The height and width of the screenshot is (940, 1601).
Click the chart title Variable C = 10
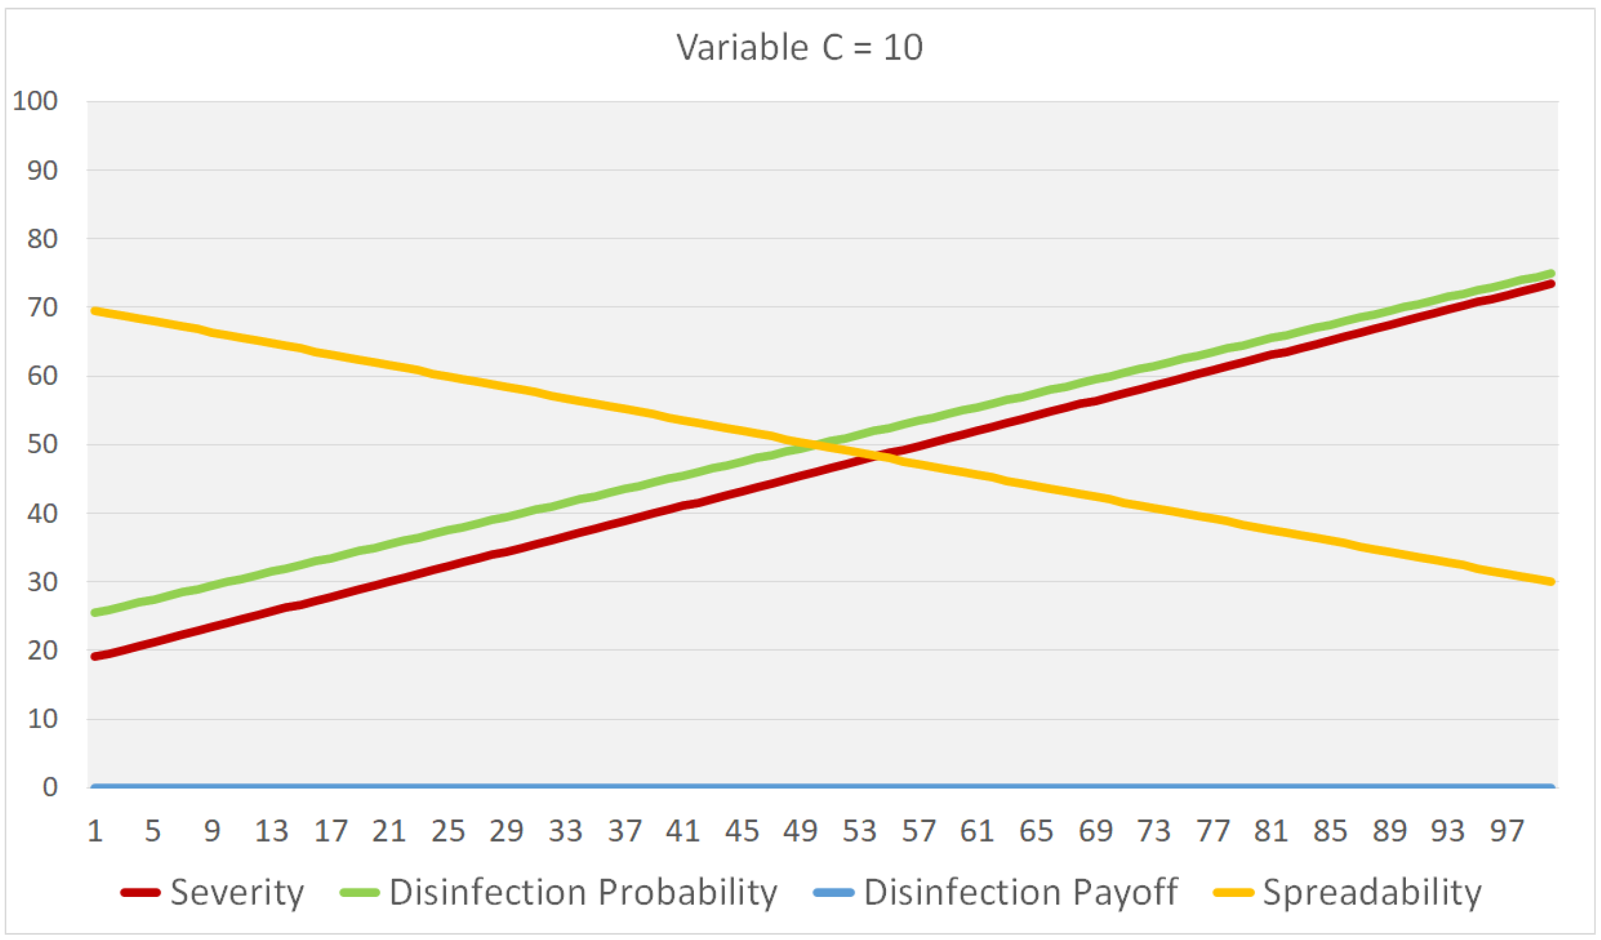pyautogui.click(x=799, y=48)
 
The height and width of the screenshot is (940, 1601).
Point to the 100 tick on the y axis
pyautogui.click(x=35, y=101)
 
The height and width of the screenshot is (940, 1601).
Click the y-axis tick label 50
pyautogui.click(x=42, y=444)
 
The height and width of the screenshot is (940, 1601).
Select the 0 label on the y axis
pyautogui.click(x=50, y=787)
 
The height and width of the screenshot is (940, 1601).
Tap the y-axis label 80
pyautogui.click(x=42, y=239)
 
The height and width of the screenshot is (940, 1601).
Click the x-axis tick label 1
pyautogui.click(x=95, y=832)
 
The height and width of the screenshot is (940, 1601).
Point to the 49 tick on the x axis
pyautogui.click(x=800, y=832)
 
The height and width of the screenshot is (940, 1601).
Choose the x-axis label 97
pyautogui.click(x=1506, y=832)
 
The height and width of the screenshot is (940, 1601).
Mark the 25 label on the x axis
pyautogui.click(x=448, y=832)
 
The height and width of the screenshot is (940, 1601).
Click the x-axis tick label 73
pyautogui.click(x=1153, y=832)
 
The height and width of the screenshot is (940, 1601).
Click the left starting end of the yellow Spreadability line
pyautogui.click(x=95, y=311)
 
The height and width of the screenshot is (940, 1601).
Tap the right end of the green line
pyautogui.click(x=1551, y=273)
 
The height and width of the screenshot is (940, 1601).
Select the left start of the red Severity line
pyautogui.click(x=95, y=656)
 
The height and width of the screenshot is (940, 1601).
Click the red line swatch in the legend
pyautogui.click(x=140, y=892)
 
